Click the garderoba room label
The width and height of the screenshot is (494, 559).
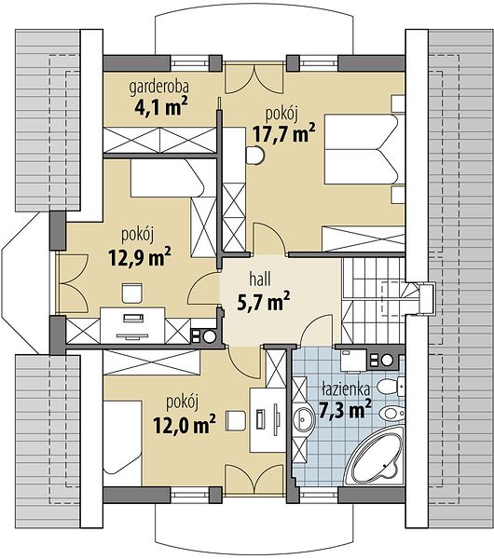pyautogui.click(x=159, y=89)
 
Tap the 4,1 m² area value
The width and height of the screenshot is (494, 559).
pyautogui.click(x=161, y=107)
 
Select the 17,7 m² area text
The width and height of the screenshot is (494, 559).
pyautogui.click(x=284, y=133)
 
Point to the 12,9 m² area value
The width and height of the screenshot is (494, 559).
pyautogui.click(x=140, y=257)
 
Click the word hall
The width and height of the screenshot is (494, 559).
pyautogui.click(x=260, y=279)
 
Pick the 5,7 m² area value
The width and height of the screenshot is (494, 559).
pyautogui.click(x=263, y=302)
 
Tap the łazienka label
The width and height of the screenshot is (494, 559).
pyautogui.click(x=345, y=390)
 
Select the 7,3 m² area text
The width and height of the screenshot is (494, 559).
pyautogui.click(x=345, y=409)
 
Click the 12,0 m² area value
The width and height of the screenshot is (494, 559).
pyautogui.click(x=184, y=424)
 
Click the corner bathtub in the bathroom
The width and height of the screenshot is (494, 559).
pyautogui.click(x=377, y=454)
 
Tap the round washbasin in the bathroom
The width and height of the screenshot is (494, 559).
pyautogui.click(x=304, y=420)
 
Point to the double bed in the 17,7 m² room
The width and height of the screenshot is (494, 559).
pyautogui.click(x=364, y=149)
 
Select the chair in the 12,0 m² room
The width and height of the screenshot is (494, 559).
pyautogui.click(x=236, y=421)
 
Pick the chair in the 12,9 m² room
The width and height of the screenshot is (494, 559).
pyautogui.click(x=132, y=293)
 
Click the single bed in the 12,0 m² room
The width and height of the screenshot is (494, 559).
pyautogui.click(x=123, y=438)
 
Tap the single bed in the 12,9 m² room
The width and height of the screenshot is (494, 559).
pyautogui.click(x=167, y=178)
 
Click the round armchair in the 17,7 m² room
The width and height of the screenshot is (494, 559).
pyautogui.click(x=255, y=155)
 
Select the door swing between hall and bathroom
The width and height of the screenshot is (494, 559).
pyautogui.click(x=318, y=329)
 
